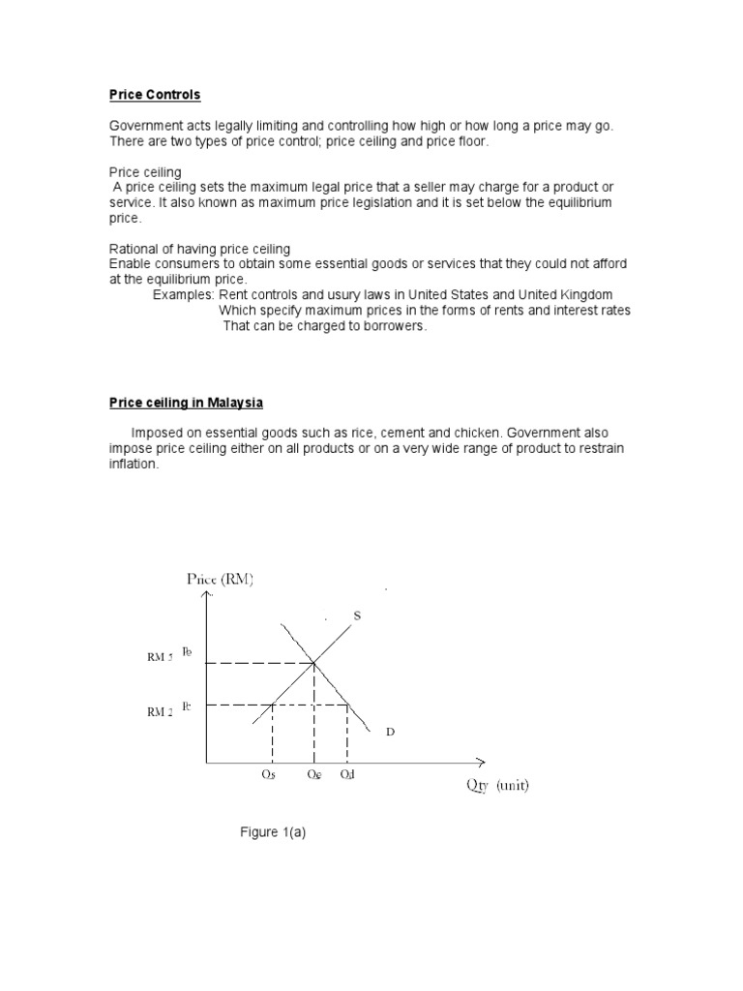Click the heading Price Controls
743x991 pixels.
point(154,95)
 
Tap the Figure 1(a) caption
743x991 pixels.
point(273,832)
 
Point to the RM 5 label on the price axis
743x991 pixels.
point(160,657)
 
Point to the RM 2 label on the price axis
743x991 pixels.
point(160,711)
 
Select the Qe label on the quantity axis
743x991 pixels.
point(313,776)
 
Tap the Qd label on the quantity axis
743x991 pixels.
point(347,776)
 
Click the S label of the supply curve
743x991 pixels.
point(356,616)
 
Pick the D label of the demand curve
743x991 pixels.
point(390,733)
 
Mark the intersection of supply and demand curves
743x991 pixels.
point(313,663)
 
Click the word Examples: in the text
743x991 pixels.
point(184,294)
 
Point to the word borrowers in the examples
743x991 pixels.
point(393,326)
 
